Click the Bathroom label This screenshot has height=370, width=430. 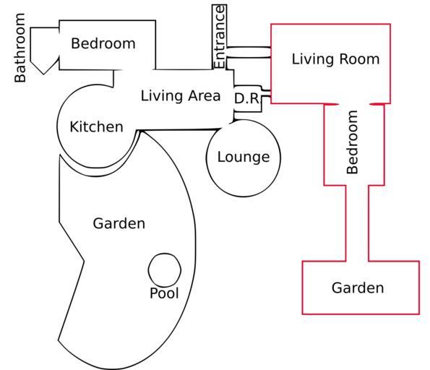(20, 48)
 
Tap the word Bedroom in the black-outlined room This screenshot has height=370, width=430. (103, 43)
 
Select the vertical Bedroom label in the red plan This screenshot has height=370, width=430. (353, 142)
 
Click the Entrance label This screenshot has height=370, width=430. (220, 37)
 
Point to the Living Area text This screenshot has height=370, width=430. (181, 95)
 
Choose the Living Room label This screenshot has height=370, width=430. (335, 59)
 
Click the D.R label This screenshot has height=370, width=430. (247, 98)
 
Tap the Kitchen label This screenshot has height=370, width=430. (97, 126)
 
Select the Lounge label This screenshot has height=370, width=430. (244, 158)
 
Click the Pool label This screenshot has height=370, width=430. (164, 293)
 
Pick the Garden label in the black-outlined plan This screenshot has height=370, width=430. (119, 223)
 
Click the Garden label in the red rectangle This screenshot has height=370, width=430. (358, 288)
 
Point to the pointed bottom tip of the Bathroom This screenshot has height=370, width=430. (43, 74)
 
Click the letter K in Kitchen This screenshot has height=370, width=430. (74, 126)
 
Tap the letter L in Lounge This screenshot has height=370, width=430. (221, 157)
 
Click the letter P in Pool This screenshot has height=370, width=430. (153, 293)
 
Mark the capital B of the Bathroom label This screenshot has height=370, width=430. (20, 78)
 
